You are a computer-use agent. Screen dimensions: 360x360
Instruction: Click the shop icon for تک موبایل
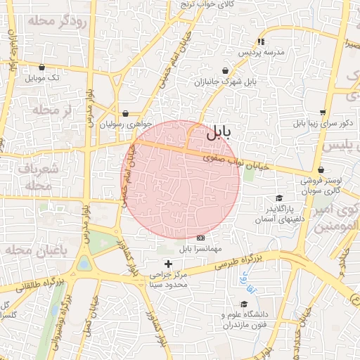pos(42,67)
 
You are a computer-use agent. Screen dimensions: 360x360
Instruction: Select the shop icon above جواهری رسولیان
pos(125,113)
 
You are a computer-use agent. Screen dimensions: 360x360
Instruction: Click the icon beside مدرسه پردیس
pos(261,41)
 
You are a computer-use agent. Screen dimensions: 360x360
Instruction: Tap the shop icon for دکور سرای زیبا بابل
pos(323,112)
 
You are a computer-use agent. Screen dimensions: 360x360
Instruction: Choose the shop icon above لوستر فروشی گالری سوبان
pos(321,169)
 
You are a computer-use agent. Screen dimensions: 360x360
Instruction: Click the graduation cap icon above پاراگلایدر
pos(279,198)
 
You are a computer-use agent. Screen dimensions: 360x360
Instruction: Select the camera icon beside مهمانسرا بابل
pos(201,238)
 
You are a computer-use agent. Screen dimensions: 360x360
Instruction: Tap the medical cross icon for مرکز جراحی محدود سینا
pos(167,264)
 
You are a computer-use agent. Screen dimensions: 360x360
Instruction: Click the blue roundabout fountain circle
pos(84,264)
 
